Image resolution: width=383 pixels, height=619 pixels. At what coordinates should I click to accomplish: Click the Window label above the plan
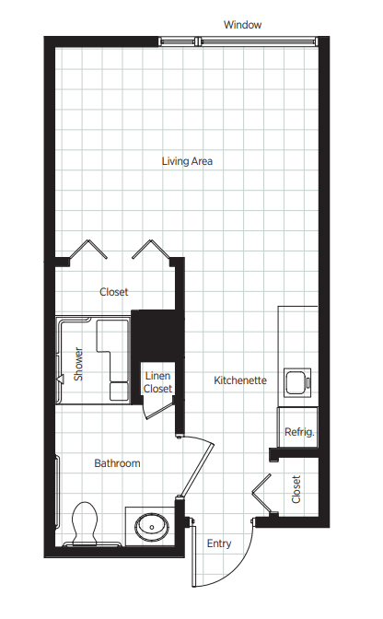242,25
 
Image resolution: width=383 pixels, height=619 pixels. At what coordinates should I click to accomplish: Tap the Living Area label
187,161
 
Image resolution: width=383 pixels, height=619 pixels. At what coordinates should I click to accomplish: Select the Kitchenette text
240,380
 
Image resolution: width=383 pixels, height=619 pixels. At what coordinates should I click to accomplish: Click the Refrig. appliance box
297,427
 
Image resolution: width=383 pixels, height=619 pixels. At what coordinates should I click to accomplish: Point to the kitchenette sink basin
297,382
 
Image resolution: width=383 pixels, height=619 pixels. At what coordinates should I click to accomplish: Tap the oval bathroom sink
152,527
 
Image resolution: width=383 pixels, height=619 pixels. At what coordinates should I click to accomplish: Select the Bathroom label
117,463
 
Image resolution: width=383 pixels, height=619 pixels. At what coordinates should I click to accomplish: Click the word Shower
78,364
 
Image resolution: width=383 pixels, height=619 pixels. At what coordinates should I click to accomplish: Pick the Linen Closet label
157,382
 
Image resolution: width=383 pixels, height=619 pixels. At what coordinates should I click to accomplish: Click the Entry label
219,543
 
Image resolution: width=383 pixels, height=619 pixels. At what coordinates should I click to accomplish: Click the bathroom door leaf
196,470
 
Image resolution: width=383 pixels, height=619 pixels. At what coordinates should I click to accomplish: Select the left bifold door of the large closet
88,249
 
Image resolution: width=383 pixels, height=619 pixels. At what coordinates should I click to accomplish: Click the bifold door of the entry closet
261,493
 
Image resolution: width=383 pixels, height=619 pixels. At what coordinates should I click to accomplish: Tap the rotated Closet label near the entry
296,489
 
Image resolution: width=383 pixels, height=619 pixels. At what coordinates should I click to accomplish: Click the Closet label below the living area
114,292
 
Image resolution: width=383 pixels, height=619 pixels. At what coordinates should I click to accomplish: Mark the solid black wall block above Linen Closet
157,335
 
